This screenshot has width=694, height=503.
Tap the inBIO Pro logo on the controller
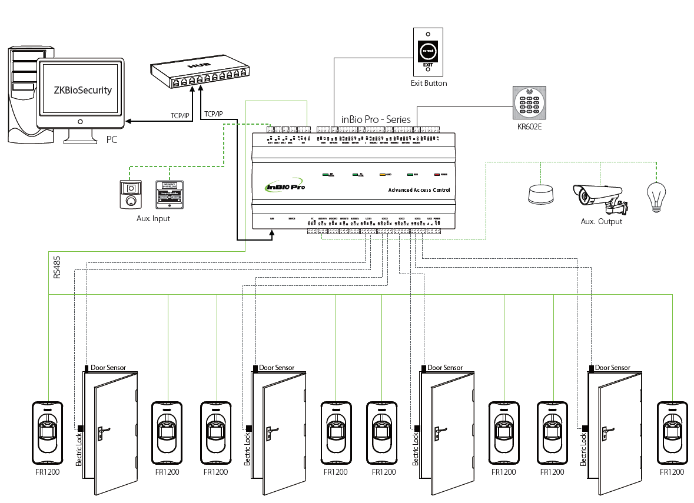pos(285,186)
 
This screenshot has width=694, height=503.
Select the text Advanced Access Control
pos(419,190)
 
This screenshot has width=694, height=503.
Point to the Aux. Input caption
pos(153,219)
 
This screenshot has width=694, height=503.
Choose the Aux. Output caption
pos(601,222)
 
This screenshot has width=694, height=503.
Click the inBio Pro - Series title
pos(376,119)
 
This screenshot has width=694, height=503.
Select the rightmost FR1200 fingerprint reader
pos(672,432)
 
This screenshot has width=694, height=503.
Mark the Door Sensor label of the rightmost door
pos(612,368)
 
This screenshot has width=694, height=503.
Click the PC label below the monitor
pos(112,140)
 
